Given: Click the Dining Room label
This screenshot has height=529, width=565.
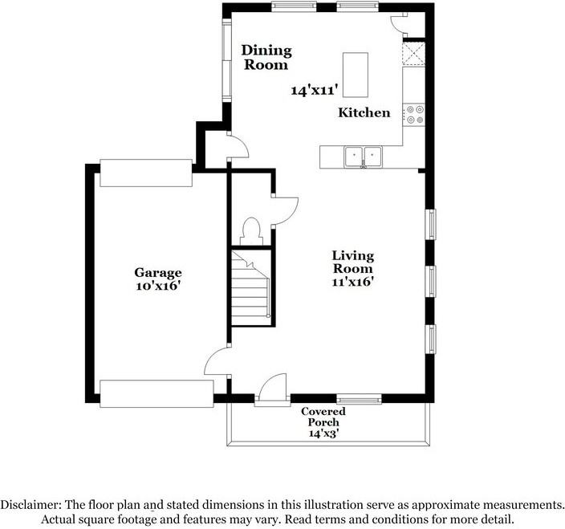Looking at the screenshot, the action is (x=266, y=58).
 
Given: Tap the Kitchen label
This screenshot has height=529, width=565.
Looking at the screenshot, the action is (x=364, y=113).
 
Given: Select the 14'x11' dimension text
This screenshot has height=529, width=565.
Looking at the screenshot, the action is (x=315, y=90).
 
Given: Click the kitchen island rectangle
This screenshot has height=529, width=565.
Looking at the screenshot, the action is (x=356, y=75).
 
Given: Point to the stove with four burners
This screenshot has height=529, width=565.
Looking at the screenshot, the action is (x=413, y=115).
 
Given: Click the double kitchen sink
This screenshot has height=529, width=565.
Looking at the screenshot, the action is (x=363, y=157).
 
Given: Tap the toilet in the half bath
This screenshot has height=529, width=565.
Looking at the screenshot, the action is (x=251, y=231).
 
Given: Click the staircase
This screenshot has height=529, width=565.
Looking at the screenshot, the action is (x=250, y=287).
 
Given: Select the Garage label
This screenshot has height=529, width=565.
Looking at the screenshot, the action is (x=158, y=272).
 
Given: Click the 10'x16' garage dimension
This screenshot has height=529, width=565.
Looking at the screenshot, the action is (x=158, y=286).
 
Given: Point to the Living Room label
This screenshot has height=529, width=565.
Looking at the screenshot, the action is (x=353, y=262).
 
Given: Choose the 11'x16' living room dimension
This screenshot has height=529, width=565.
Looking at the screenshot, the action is (x=352, y=282).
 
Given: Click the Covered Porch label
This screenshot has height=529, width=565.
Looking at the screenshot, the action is (x=323, y=417).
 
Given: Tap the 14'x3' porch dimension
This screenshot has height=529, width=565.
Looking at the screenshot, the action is (x=323, y=433).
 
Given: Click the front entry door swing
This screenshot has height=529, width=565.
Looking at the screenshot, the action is (x=273, y=387).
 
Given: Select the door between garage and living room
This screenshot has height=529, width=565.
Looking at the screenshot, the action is (x=216, y=361).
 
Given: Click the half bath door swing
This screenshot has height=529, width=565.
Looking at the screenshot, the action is (x=286, y=211).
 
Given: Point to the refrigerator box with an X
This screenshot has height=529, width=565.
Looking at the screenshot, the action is (x=413, y=54).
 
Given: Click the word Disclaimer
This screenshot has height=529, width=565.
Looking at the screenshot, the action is (x=30, y=504).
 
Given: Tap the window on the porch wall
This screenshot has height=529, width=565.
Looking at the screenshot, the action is (x=359, y=398).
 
